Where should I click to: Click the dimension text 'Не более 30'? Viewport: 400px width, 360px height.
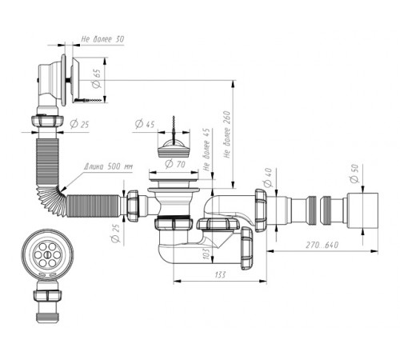tap(102, 39)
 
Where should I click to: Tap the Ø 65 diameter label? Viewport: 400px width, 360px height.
tap(96, 78)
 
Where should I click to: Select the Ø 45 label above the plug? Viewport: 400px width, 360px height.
tap(145, 124)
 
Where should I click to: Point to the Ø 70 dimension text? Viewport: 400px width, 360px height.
tap(175, 164)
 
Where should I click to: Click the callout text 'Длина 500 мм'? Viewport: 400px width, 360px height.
tap(108, 166)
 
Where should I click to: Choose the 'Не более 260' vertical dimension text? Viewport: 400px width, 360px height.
tap(226, 134)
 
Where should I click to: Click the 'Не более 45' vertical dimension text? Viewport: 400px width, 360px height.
tap(206, 150)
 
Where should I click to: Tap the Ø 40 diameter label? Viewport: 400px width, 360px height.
tap(267, 178)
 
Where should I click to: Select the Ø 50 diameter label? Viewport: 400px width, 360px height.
tap(355, 174)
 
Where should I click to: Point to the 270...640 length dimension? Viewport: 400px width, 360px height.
tap(322, 245)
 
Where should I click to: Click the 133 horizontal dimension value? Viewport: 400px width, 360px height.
tap(220, 274)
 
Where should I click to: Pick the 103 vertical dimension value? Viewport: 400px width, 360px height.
tap(206, 254)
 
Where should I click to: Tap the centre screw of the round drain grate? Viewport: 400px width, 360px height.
tap(47, 254)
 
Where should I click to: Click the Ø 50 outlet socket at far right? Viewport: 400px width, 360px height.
tap(362, 210)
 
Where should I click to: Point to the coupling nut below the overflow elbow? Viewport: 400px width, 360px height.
tap(47, 121)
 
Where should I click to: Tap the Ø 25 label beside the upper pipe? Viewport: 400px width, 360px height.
tap(79, 124)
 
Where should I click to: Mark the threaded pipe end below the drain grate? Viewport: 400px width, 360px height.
tap(47, 316)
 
